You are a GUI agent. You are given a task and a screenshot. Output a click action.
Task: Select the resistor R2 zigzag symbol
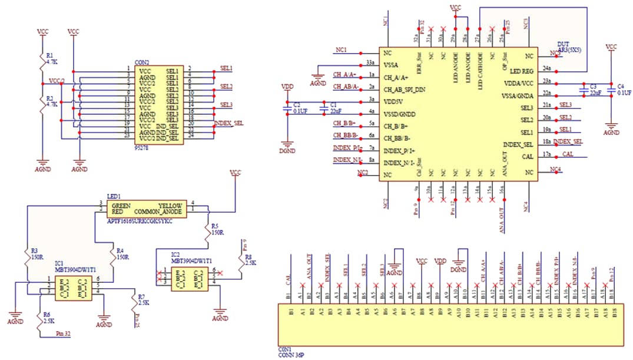coord(41,102)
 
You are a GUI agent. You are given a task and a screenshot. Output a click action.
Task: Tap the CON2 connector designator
coord(142,62)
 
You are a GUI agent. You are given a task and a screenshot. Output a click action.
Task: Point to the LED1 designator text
coord(114,196)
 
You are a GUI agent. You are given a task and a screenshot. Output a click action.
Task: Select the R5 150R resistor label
coord(218,229)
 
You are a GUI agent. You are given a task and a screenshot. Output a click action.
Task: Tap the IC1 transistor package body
coord(73,288)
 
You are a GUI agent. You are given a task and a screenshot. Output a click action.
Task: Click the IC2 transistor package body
coord(188,279)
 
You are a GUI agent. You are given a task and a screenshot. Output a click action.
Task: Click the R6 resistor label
coord(49,318)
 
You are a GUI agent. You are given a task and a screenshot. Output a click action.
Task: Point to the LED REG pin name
coord(521,71)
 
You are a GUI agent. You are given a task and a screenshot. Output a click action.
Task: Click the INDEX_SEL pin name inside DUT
coord(518,144)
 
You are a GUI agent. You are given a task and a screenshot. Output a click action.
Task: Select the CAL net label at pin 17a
coord(568,154)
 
